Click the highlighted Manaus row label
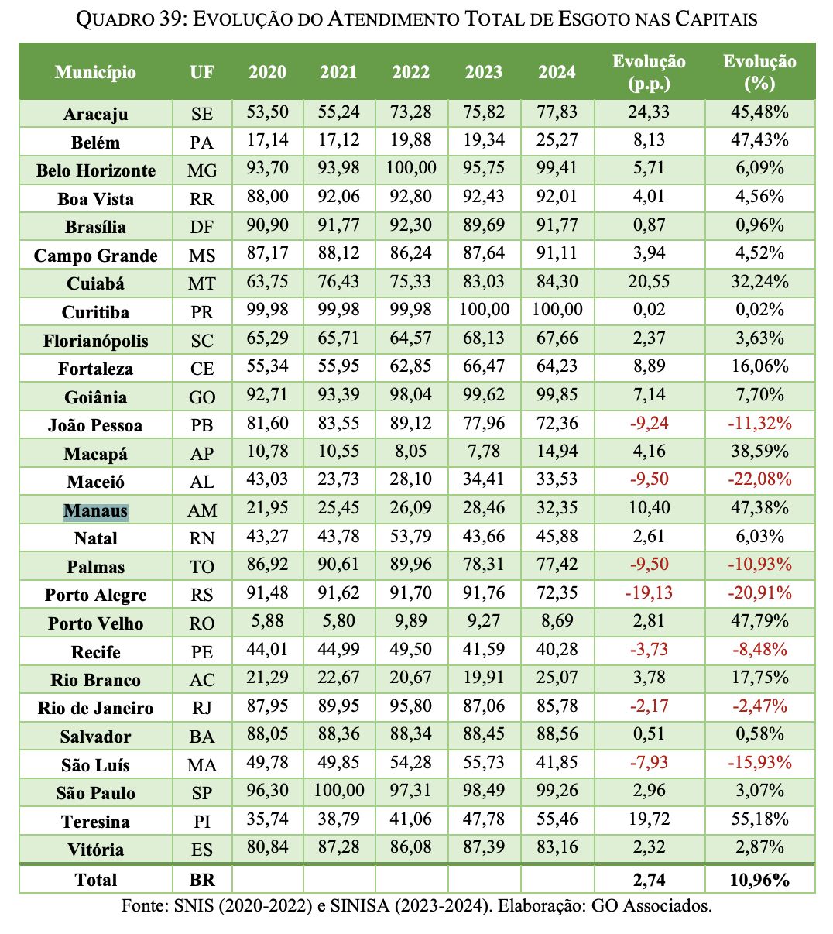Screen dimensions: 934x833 pyautogui.click(x=95, y=510)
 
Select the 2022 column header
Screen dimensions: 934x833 pyautogui.click(x=410, y=72)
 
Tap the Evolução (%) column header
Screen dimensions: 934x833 pyautogui.click(x=759, y=71)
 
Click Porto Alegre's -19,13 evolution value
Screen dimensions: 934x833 pyautogui.click(x=649, y=593)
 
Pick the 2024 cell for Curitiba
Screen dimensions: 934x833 pyautogui.click(x=557, y=310)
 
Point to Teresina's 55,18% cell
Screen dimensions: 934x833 pyautogui.click(x=759, y=819)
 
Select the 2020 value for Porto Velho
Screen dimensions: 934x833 pyautogui.click(x=267, y=621)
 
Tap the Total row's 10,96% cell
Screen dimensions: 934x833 pyautogui.click(x=759, y=879)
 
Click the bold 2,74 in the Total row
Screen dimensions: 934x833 pyautogui.click(x=649, y=879)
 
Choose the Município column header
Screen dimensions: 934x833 pyautogui.click(x=95, y=72)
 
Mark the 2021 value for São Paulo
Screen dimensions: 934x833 pyautogui.click(x=338, y=791)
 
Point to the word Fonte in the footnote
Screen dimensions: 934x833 pyautogui.click(x=142, y=905)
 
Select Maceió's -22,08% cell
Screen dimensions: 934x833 pyautogui.click(x=759, y=479)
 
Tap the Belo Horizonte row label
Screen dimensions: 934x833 pyautogui.click(x=95, y=170)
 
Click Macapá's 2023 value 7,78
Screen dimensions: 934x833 pyautogui.click(x=483, y=452)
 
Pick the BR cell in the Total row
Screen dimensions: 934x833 pyautogui.click(x=201, y=880)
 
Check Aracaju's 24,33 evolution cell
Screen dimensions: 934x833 pyautogui.click(x=649, y=112)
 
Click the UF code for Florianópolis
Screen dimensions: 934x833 pyautogui.click(x=201, y=341)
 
